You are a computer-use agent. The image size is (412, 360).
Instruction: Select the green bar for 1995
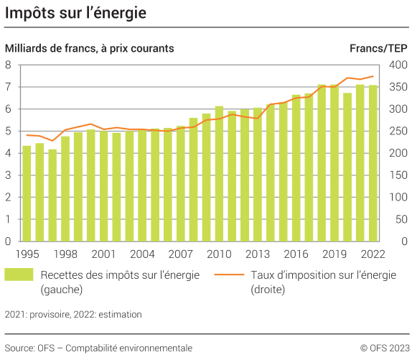tap(27, 193)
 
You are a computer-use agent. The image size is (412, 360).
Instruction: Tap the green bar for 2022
tap(373, 163)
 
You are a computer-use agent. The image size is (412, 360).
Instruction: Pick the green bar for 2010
tap(219, 173)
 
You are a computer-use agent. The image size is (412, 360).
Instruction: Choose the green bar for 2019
tap(334, 163)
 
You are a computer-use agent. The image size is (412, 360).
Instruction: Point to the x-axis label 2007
tap(180, 254)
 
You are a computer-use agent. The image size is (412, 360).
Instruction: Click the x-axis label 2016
tap(296, 254)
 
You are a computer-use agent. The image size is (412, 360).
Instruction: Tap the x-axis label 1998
tap(65, 254)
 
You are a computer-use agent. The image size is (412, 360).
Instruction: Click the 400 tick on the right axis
tap(398, 65)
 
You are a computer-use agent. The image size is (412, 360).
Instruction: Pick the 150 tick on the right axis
tap(398, 175)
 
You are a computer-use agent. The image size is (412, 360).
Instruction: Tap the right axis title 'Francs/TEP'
tap(378, 48)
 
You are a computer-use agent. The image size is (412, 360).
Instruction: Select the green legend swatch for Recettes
tap(19, 275)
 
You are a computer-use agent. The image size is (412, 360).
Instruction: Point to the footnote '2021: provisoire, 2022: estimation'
tap(73, 314)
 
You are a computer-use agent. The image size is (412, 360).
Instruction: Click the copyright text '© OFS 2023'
tap(383, 348)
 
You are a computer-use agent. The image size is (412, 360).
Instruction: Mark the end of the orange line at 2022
tap(373, 76)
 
